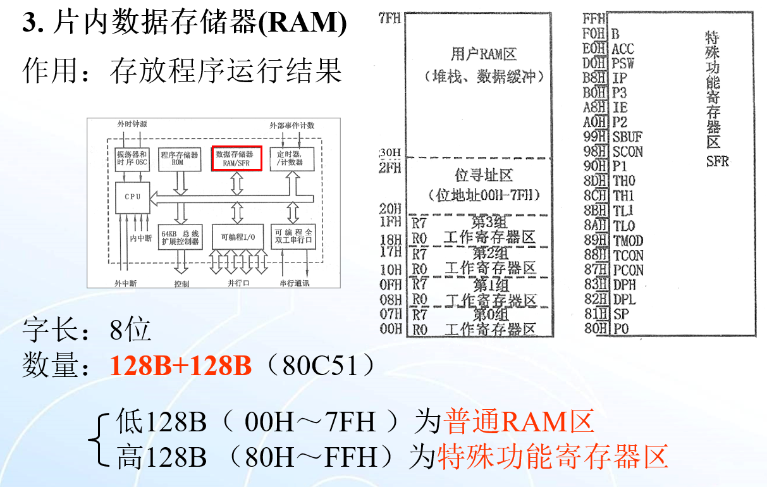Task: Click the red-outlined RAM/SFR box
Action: (236, 158)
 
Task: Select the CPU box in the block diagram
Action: (133, 197)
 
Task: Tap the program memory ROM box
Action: (180, 158)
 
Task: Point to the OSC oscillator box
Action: (132, 158)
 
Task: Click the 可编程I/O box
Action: (236, 238)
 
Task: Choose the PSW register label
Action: (623, 63)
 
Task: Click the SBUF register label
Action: (627, 137)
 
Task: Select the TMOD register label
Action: (628, 240)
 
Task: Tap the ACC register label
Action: (623, 49)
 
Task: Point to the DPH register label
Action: (623, 285)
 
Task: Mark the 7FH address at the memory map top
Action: (390, 19)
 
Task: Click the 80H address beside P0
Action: (594, 328)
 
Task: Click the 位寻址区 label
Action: (484, 175)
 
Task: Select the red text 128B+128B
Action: (181, 366)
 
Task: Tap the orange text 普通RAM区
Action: (518, 422)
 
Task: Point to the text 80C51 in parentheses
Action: (321, 366)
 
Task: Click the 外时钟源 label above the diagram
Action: (132, 125)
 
